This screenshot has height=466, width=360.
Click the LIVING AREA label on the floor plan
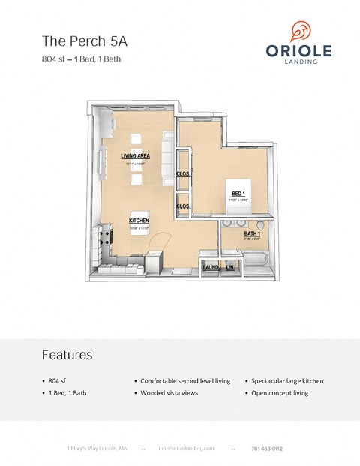136,156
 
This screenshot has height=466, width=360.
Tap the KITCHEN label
139,221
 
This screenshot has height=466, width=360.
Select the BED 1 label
238,194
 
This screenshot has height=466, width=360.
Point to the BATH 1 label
253,234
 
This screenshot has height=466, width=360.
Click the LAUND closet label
210,267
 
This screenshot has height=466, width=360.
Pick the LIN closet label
230,267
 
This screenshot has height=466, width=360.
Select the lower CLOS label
182,206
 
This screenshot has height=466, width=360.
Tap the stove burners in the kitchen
106,239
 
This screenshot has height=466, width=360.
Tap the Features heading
67,355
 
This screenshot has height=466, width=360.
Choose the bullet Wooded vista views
169,393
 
